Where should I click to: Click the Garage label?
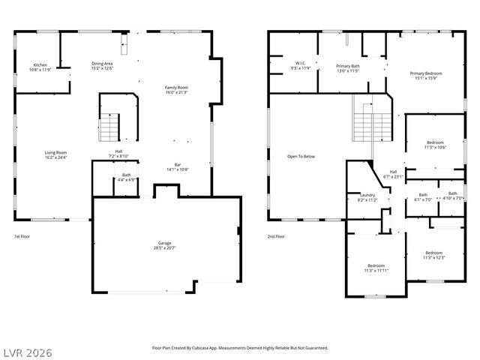coord(164,245)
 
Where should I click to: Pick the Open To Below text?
coord(301,157)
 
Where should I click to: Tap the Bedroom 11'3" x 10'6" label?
coord(436,145)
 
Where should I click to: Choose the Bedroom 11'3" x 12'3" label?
coord(433,255)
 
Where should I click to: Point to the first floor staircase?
coord(109,127)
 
